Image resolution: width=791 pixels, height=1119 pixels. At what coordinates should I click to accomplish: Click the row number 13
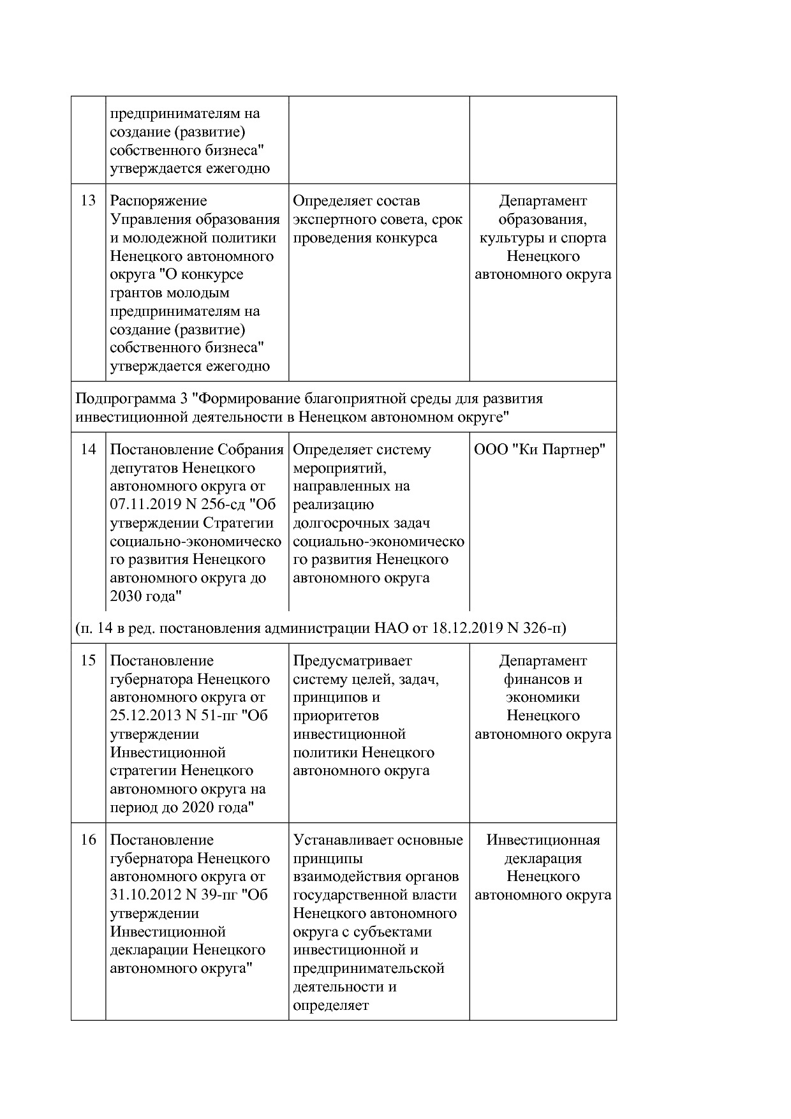point(88,201)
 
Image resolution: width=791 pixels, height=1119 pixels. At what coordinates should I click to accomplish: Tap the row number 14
point(88,450)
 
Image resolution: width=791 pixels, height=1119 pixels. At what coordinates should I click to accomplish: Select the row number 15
point(88,661)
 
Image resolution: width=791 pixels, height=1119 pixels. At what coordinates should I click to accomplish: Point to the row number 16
point(88,840)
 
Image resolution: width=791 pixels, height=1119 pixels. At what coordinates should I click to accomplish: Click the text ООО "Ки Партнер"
point(540,450)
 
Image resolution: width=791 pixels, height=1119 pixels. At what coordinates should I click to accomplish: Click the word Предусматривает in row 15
point(352,661)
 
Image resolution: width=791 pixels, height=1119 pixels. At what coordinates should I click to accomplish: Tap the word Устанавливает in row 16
point(343,840)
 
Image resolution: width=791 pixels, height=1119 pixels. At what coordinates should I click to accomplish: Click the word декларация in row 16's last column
point(543,859)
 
